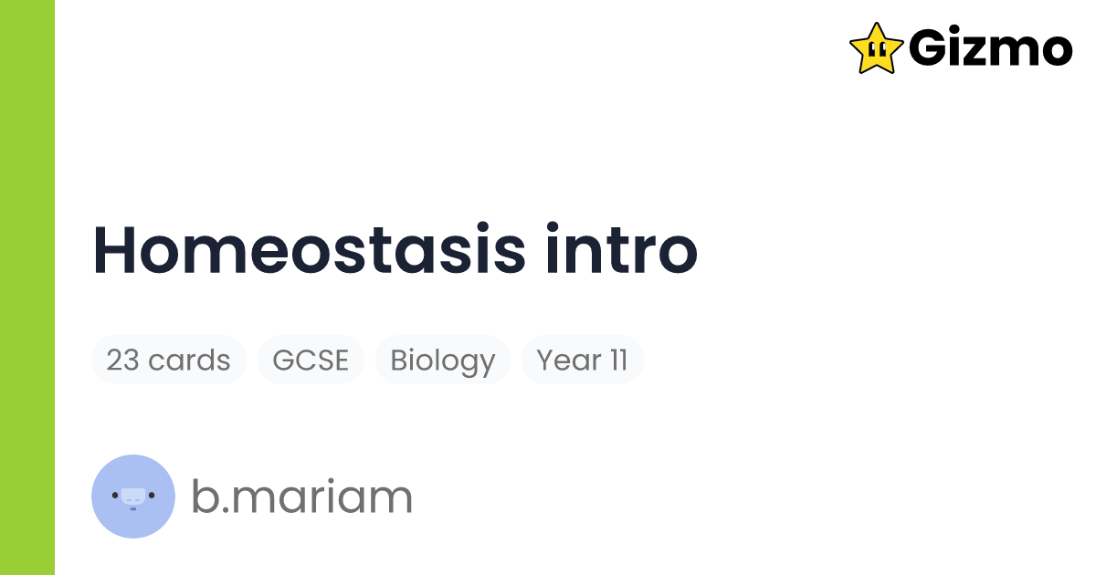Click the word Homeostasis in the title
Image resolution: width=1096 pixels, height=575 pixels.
[309, 250]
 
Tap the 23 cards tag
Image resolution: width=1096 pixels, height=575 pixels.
[168, 361]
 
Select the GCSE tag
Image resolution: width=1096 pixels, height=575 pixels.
[311, 361]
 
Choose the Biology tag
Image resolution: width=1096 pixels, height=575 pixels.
[442, 361]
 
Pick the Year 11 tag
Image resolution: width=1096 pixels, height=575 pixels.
[582, 361]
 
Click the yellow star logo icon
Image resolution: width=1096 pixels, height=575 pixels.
[876, 47]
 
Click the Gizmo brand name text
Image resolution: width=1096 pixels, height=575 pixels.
[990, 48]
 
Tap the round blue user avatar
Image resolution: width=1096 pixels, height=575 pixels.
[133, 496]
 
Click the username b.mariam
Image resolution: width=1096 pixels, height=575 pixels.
[301, 497]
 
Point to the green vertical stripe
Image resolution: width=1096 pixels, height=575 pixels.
[27, 287]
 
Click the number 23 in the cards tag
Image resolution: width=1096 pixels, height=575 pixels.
[122, 361]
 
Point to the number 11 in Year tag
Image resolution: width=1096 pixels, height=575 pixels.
[618, 361]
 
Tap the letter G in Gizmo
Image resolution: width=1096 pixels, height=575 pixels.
[930, 48]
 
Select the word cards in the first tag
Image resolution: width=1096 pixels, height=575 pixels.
[189, 361]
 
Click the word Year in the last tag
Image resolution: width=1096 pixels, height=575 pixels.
[568, 361]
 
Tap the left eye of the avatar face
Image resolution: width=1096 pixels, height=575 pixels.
[116, 496]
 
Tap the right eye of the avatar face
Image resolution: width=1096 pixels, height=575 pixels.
[152, 496]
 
